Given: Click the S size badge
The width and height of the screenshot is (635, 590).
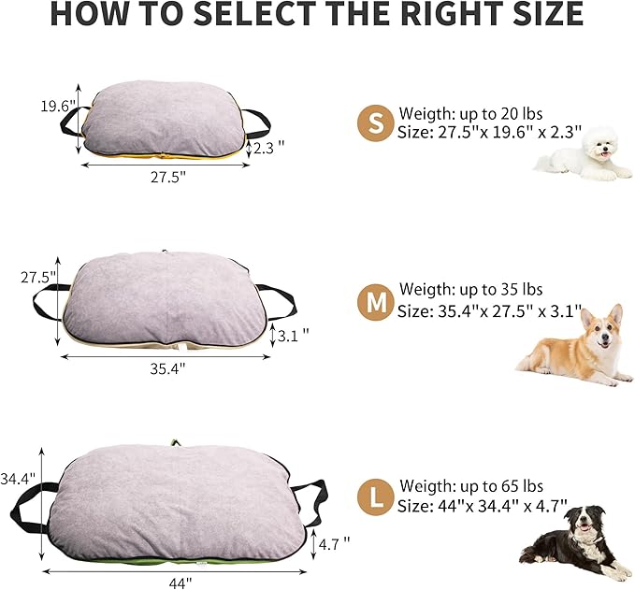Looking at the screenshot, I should (x=375, y=123).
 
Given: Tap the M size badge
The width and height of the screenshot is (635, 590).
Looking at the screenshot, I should (x=375, y=302).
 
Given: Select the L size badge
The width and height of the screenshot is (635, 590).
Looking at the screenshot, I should (x=375, y=496).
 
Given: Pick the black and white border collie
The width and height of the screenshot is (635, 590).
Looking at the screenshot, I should (x=575, y=541).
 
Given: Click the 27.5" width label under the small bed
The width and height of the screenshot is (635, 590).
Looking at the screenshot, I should (x=166, y=177).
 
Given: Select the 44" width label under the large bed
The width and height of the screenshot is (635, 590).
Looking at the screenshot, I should (x=181, y=582).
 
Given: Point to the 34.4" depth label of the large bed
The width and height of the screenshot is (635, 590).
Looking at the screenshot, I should (x=19, y=478).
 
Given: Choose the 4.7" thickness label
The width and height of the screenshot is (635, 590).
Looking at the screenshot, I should (x=334, y=542).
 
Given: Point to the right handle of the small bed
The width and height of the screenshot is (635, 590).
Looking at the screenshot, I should (x=255, y=122).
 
